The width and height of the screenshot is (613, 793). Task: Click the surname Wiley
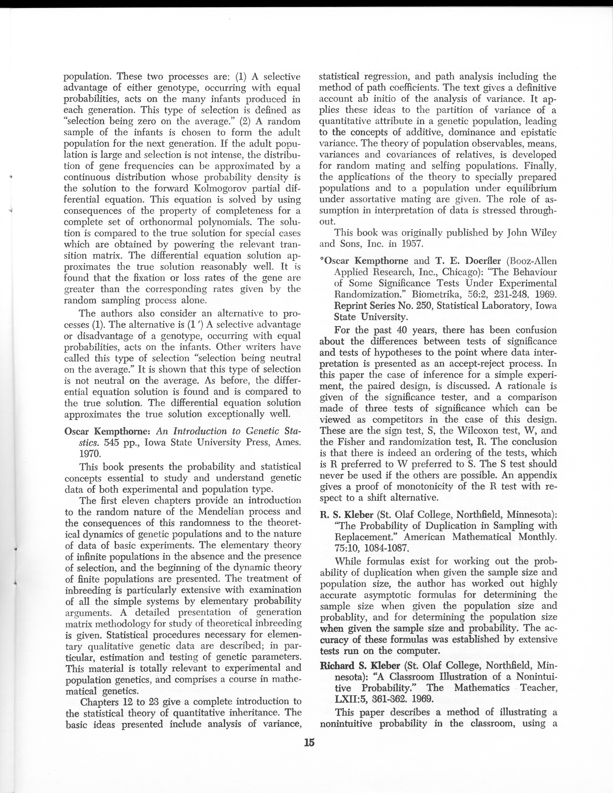(542, 233)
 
